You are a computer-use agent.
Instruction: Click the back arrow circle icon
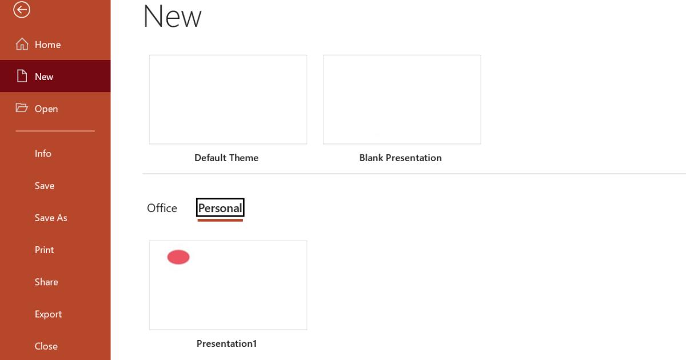[22, 10]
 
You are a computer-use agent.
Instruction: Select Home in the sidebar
[47, 45]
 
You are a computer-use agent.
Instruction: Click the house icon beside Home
[22, 44]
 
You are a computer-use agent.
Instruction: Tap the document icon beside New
[22, 76]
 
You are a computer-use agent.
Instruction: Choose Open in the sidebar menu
[46, 109]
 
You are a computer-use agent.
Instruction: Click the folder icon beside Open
[22, 108]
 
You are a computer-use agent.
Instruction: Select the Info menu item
[43, 153]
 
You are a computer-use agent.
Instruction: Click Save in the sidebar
[45, 186]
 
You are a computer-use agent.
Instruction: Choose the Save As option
[51, 218]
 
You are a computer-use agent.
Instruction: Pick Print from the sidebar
[44, 250]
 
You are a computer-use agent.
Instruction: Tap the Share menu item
[46, 282]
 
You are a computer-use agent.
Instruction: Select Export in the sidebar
[48, 314]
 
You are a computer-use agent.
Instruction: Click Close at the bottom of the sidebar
[46, 346]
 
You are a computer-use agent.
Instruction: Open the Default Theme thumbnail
[228, 99]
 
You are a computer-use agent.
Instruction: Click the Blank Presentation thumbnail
[402, 99]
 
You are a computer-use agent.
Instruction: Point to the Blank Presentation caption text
[400, 158]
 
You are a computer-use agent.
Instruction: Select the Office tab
[162, 208]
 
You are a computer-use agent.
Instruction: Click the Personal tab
[220, 208]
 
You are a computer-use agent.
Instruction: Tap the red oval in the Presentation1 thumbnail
[178, 257]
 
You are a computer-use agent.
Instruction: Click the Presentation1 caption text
[226, 343]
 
